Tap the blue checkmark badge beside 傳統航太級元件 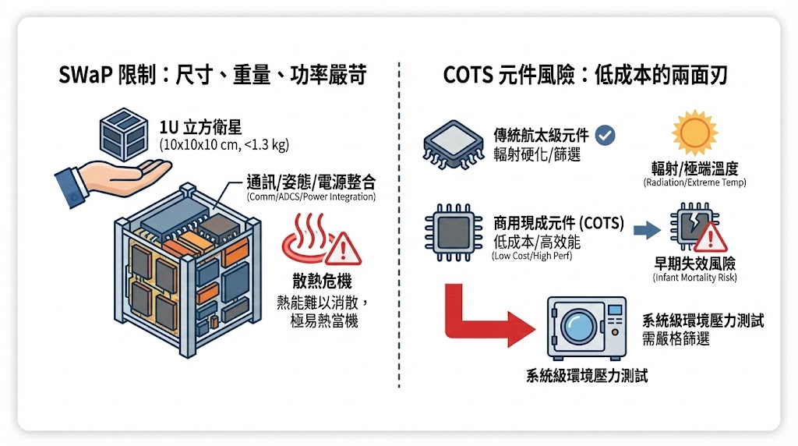point(604,136)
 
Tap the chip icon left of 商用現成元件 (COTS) point(450,233)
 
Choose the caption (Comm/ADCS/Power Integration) point(311,197)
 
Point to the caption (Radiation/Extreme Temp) point(694,182)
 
